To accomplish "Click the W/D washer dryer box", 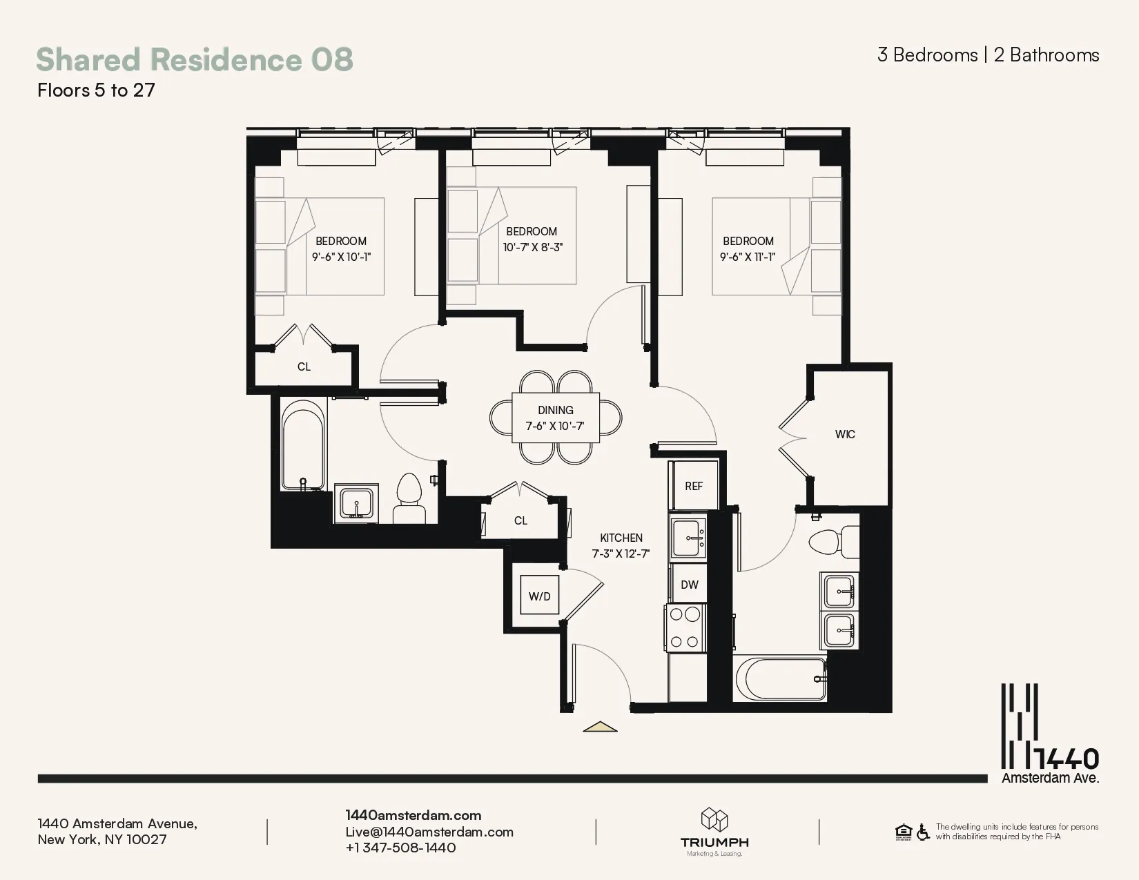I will [539, 596].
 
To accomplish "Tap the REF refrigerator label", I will [694, 486].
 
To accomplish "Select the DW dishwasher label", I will [690, 585].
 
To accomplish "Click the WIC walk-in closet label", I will [845, 434].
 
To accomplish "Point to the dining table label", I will [556, 411].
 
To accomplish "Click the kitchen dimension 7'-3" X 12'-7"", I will [621, 554].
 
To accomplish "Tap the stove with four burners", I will [685, 627].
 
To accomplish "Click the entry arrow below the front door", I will [600, 726].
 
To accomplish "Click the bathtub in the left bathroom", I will [302, 449].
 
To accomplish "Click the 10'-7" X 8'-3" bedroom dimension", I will [532, 247].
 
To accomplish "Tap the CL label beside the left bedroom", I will [304, 366].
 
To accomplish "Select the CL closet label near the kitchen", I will [520, 520].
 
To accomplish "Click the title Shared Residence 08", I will [195, 59].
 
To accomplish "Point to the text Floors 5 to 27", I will [96, 90].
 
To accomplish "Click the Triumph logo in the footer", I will [714, 831].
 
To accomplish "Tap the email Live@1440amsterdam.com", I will [429, 832].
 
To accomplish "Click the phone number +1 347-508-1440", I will [401, 848].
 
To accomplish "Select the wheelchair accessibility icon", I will [923, 832].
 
